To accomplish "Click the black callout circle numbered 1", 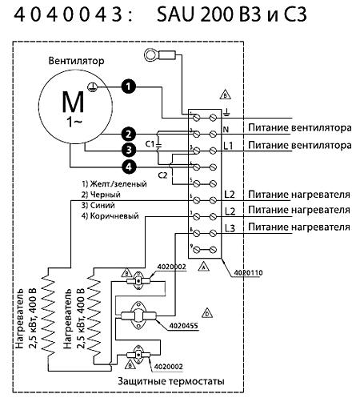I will click(x=127, y=85).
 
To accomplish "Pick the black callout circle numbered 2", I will click(x=127, y=133).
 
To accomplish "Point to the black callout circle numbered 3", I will click(x=127, y=149).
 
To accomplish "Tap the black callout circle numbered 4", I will click(x=127, y=167).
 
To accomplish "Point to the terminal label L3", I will click(x=230, y=229).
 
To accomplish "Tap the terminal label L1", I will click(x=229, y=147).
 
